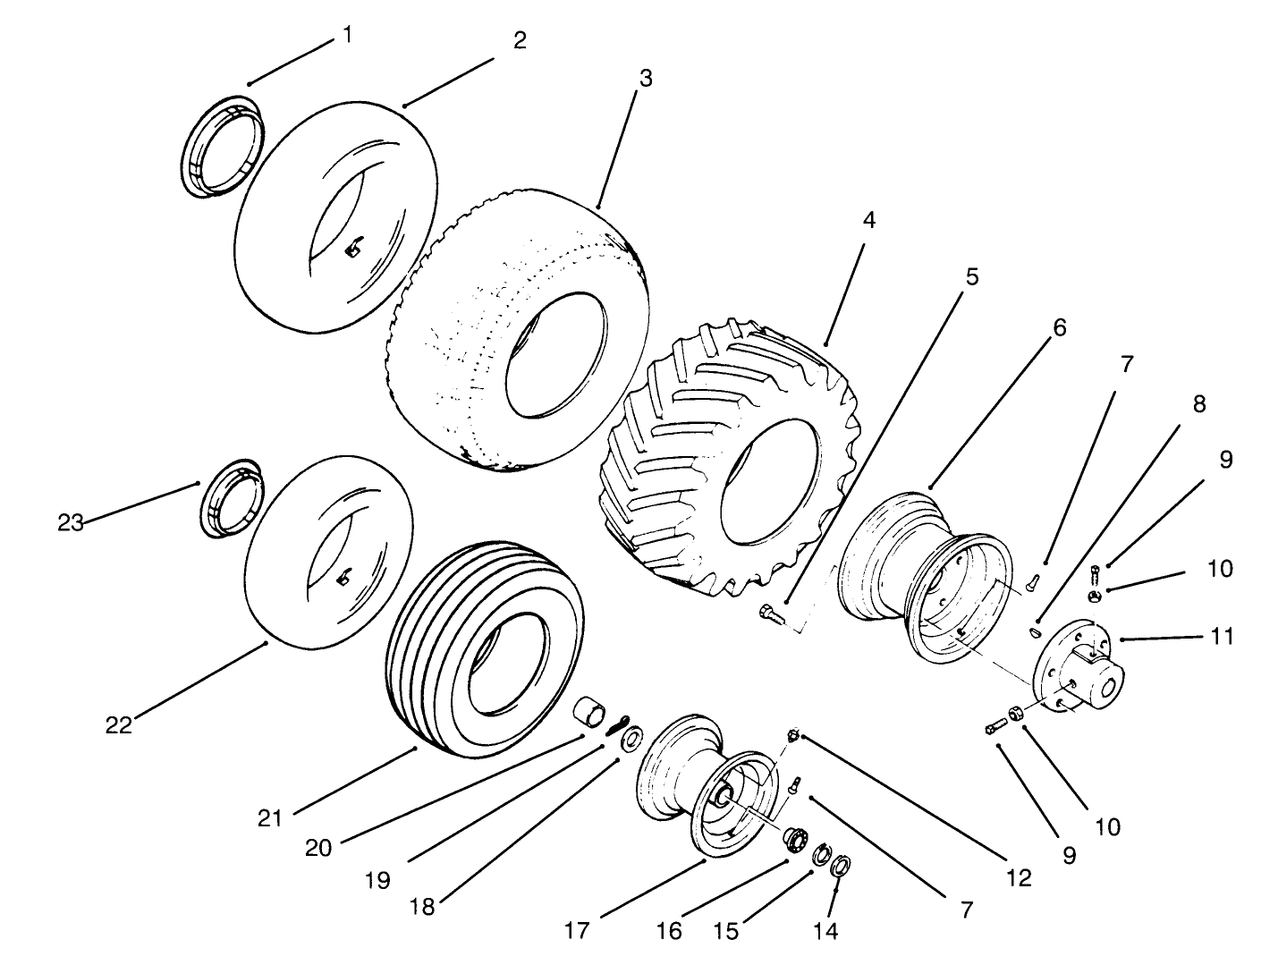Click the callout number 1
[x=346, y=35]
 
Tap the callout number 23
[x=71, y=522]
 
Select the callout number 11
[x=1221, y=637]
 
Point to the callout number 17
[x=577, y=930]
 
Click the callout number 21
[x=270, y=817]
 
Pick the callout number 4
[x=868, y=220]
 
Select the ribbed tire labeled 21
[x=483, y=648]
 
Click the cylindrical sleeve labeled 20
[x=590, y=715]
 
